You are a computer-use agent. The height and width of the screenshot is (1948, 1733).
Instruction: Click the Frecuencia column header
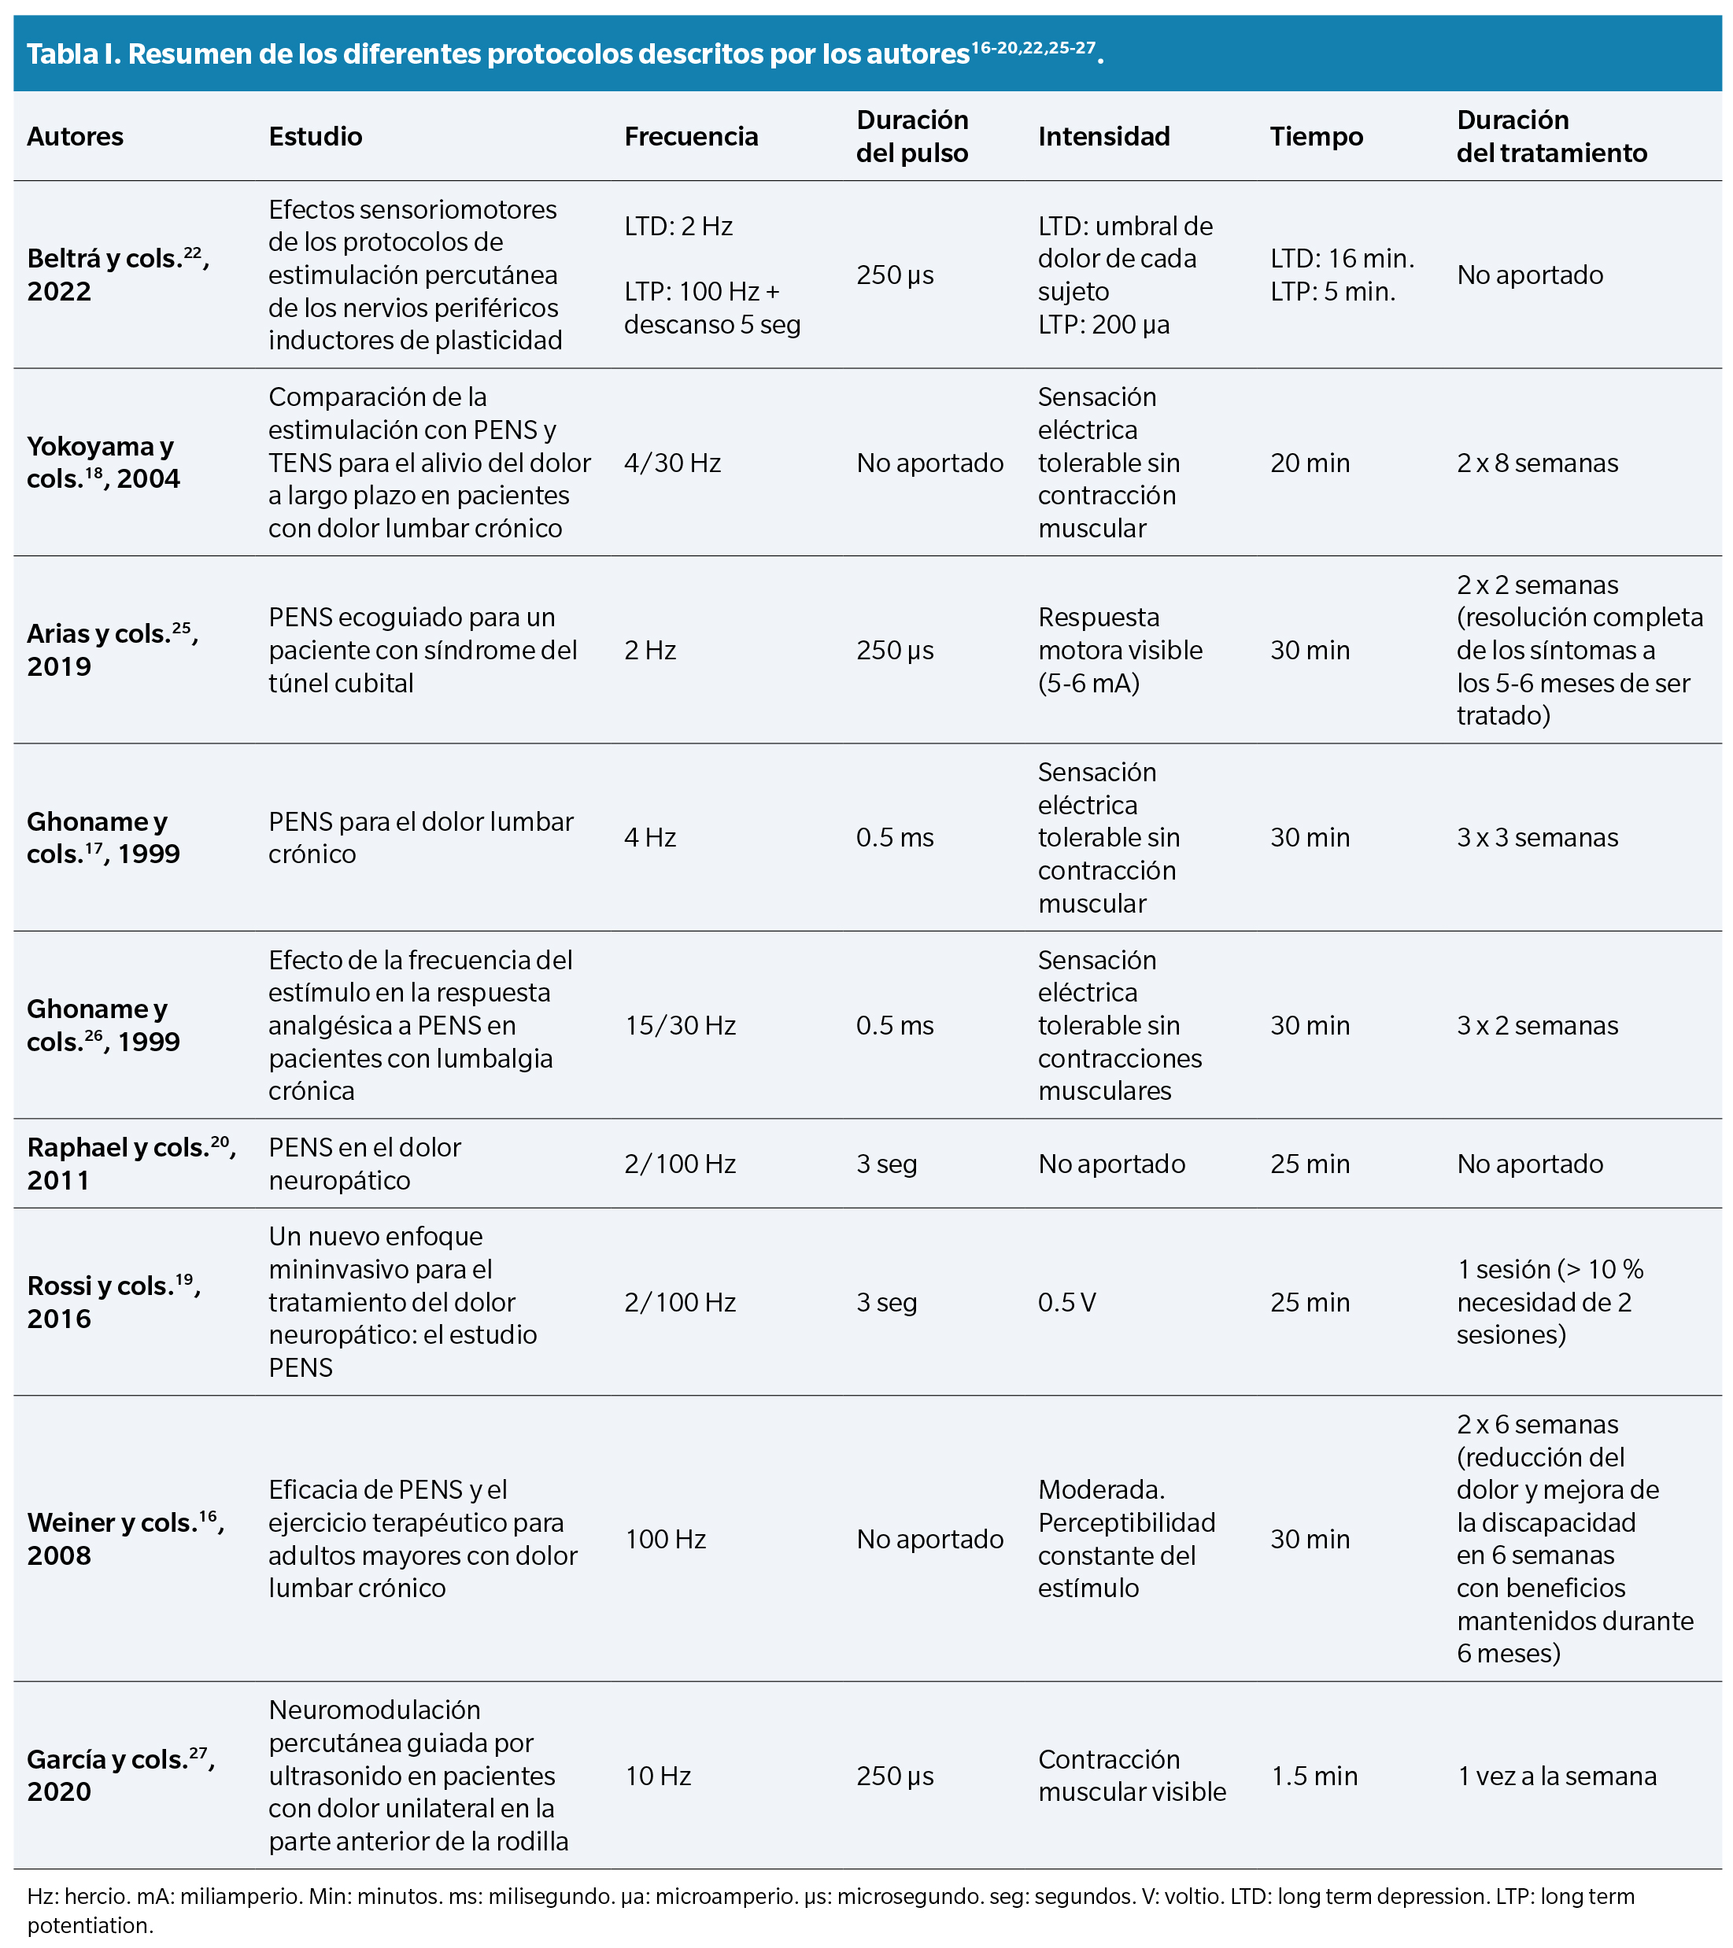(691, 136)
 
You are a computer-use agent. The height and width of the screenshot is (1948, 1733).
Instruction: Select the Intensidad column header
(1104, 136)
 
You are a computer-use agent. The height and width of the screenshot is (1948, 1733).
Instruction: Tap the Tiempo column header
(1317, 136)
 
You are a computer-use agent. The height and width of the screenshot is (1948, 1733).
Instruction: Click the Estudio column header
(316, 136)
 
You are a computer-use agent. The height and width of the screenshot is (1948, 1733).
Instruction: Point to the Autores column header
(76, 136)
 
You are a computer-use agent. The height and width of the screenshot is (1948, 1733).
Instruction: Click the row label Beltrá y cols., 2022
(118, 275)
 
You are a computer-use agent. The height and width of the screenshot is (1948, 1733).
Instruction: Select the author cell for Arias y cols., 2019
(113, 650)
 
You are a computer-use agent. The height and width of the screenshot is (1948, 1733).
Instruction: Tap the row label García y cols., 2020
(121, 1775)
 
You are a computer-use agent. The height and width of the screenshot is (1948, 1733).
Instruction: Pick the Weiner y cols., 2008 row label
(126, 1538)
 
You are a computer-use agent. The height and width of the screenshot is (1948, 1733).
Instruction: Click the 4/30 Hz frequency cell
(673, 463)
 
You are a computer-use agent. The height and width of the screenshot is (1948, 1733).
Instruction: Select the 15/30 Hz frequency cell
(681, 1025)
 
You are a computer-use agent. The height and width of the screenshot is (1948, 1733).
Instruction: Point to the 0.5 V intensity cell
(1066, 1302)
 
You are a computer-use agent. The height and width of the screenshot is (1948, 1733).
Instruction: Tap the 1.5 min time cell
(1314, 1776)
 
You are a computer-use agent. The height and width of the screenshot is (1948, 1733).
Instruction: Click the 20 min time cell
(1310, 463)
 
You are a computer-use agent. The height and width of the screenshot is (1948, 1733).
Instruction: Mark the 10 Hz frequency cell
(658, 1776)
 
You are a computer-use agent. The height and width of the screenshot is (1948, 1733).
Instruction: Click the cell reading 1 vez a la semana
(1557, 1776)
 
